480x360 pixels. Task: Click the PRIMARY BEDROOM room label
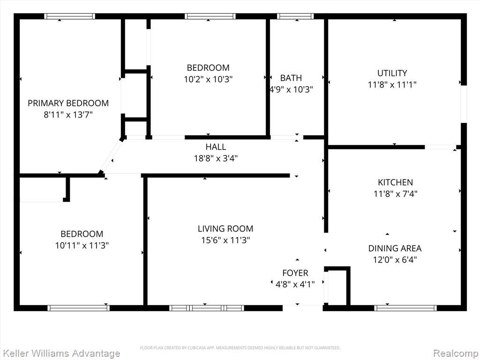coord(68,103)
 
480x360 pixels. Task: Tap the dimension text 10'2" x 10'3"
coord(208,79)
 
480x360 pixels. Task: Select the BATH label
coord(291,78)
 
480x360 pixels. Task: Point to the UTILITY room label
coord(392,73)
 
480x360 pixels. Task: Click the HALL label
coord(216,147)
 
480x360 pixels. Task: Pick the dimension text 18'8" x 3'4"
coord(216,158)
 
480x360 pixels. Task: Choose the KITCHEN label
coord(395,182)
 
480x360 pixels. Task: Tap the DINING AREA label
coord(395,248)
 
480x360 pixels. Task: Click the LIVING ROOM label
coord(225,229)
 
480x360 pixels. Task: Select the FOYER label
coord(295,273)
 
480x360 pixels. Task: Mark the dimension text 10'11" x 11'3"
coord(82,246)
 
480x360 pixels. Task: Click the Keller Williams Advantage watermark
coord(60,353)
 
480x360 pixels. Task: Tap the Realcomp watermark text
coord(456,353)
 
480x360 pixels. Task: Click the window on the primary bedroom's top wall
coord(69,16)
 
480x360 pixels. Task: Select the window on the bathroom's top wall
coord(295,16)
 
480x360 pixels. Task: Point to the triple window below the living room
coord(207,308)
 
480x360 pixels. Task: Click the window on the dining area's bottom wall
coord(405,308)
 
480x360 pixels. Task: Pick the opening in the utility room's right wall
coord(464,104)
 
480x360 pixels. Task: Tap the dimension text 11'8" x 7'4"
coord(396,194)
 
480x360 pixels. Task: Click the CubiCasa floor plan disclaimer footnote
coord(240,348)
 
